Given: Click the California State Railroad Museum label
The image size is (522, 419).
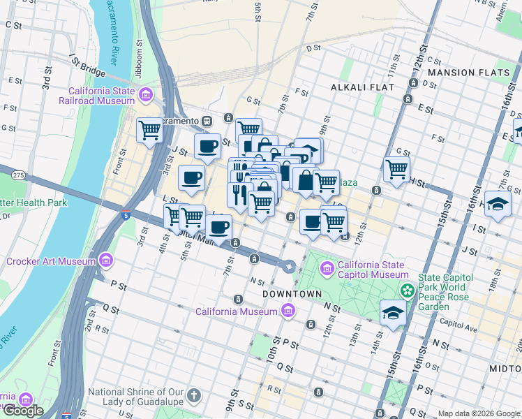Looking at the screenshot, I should (x=101, y=96).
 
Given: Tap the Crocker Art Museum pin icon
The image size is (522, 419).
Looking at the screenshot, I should (x=106, y=261).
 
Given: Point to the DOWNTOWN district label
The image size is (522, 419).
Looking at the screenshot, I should (x=292, y=294).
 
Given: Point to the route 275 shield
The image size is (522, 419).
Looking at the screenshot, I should (x=19, y=175).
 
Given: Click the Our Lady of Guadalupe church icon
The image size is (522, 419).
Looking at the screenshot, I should (x=195, y=396).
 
